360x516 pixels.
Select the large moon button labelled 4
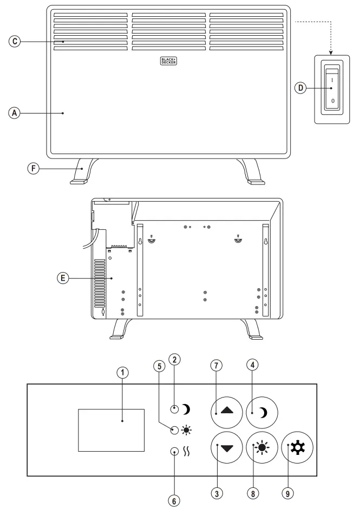(261, 413)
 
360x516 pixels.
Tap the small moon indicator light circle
(174, 409)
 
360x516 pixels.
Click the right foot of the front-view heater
(251, 172)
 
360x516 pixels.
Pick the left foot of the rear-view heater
(121, 329)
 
